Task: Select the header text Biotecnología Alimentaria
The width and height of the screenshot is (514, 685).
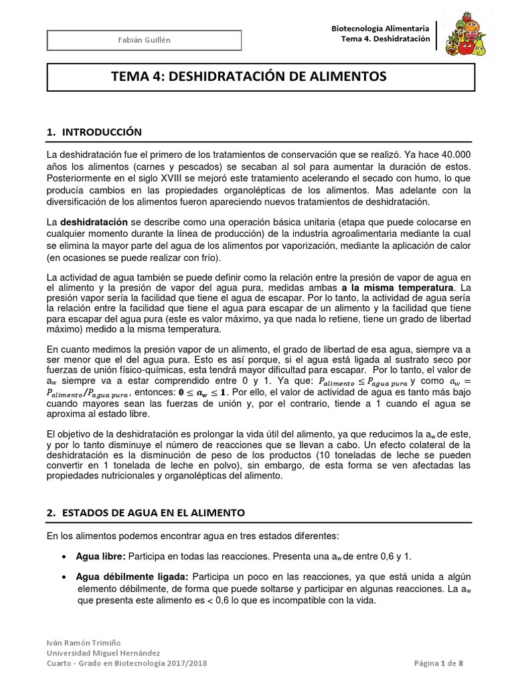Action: [x=381, y=29]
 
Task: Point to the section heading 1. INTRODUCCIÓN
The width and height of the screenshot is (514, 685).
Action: [x=94, y=132]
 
